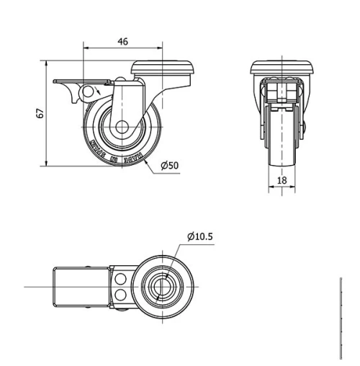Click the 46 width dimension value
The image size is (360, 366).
click(x=122, y=42)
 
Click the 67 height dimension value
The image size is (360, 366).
click(x=40, y=114)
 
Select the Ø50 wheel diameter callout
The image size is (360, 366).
click(x=170, y=165)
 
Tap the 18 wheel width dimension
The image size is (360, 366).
click(x=282, y=179)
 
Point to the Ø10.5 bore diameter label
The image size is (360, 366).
click(x=199, y=236)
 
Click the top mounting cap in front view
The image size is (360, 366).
click(x=282, y=69)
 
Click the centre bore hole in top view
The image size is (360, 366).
click(x=163, y=287)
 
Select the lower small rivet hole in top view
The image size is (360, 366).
click(x=121, y=295)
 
